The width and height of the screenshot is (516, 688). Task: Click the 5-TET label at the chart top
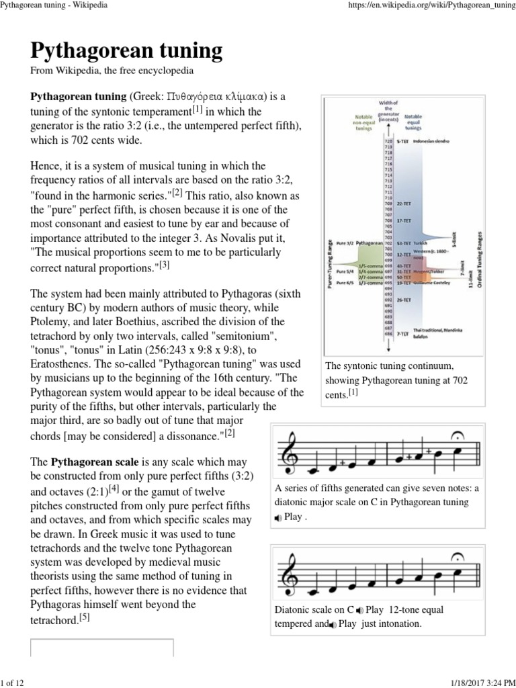point(403,142)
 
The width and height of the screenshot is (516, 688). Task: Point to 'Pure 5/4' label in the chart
point(345,271)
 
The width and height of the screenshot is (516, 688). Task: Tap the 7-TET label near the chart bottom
point(404,334)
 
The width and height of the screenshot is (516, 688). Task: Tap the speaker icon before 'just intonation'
point(333,624)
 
